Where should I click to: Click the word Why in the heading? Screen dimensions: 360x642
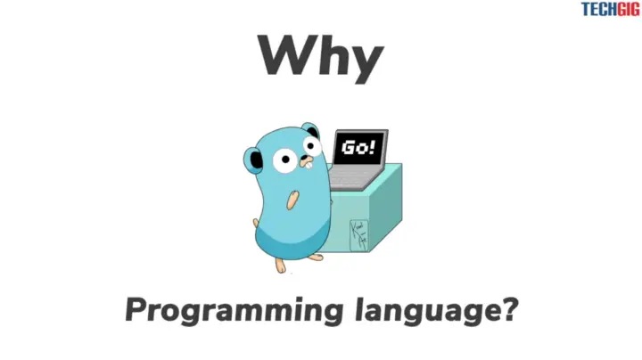coord(320,56)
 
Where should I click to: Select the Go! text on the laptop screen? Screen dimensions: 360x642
coord(359,148)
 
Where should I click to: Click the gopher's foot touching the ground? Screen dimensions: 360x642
coord(283,266)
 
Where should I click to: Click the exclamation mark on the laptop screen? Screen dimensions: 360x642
coord(371,147)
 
